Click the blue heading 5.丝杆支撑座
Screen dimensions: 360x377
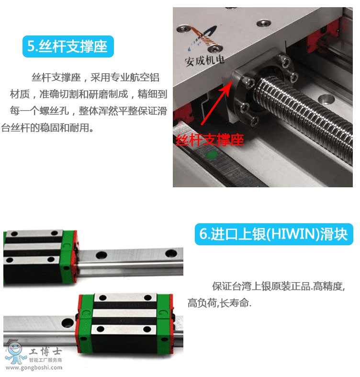point(68,46)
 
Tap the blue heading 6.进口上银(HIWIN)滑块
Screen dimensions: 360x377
point(274,234)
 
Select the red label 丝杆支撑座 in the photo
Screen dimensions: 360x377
point(210,140)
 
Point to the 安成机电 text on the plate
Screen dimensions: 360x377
point(204,60)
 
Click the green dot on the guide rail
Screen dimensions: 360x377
point(212,155)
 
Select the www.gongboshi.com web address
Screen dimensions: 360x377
point(34,367)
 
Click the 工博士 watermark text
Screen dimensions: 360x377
point(45,352)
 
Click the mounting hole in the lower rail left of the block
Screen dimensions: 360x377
point(67,323)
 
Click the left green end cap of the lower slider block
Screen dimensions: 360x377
point(85,323)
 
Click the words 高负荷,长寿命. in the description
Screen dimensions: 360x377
point(219,303)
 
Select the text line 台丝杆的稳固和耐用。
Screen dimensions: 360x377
point(47,128)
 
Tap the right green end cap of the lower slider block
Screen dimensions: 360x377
point(165,324)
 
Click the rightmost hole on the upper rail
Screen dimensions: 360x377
point(171,253)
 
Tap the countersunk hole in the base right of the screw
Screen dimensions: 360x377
point(326,99)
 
